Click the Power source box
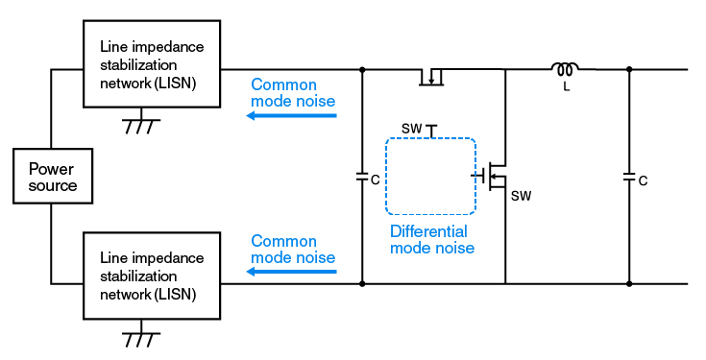(53, 176)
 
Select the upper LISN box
(152, 65)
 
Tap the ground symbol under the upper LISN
(141, 126)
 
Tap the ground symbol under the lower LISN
(141, 339)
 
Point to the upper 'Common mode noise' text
(292, 93)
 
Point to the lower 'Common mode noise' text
(292, 250)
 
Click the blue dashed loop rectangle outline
(386, 178)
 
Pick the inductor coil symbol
(564, 68)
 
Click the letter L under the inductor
(567, 86)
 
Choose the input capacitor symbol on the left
(362, 178)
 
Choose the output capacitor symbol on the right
(629, 178)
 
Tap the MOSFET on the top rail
(433, 76)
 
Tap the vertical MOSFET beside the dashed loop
(495, 176)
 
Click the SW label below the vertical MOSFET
(520, 196)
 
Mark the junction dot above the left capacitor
(362, 69)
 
